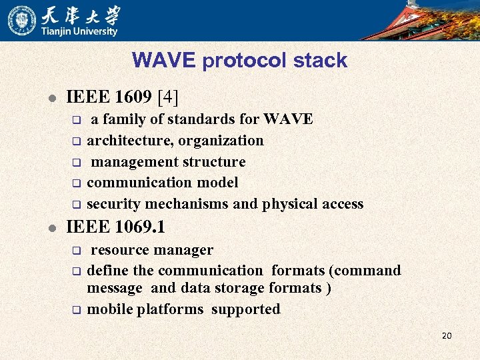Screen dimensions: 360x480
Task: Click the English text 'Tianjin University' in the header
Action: click(79, 31)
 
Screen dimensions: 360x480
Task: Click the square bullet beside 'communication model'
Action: click(76, 183)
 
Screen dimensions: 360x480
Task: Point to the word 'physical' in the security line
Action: click(289, 204)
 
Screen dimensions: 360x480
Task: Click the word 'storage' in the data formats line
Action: click(239, 288)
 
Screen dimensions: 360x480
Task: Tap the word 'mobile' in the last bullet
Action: click(110, 309)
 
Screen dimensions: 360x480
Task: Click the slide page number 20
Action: click(447, 335)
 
